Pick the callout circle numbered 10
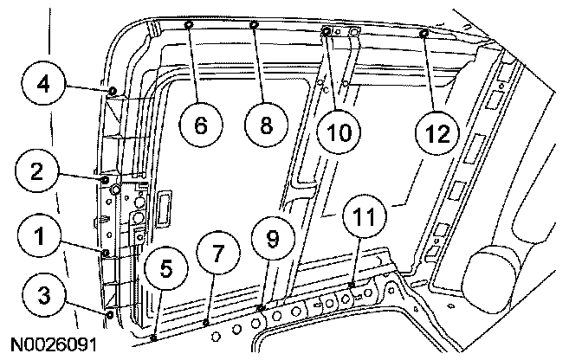click(336, 132)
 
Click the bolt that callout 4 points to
click(113, 91)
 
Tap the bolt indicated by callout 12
click(424, 34)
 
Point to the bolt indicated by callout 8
click(255, 25)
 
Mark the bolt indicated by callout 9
click(261, 308)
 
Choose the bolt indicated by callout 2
click(106, 180)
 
